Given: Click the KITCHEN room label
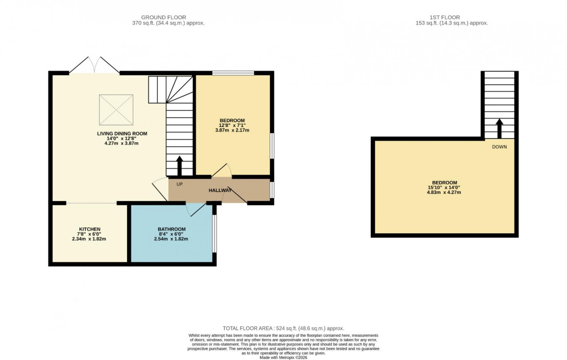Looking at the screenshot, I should [x=89, y=229].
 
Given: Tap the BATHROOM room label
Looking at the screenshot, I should [x=172, y=229].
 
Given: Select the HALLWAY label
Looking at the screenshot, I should [x=220, y=190].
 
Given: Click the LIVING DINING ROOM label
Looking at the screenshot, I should [x=122, y=134].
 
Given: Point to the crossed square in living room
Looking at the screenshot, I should [x=116, y=110].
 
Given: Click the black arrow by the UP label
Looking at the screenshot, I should [x=179, y=165].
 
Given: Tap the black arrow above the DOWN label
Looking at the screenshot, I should [x=499, y=128].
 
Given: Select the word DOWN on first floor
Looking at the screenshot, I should [x=499, y=147].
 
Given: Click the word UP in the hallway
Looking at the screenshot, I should [x=180, y=184].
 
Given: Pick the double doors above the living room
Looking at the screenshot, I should [x=94, y=65].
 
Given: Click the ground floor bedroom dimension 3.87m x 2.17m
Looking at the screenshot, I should [x=232, y=130].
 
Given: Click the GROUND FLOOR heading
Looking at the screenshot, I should [x=163, y=17].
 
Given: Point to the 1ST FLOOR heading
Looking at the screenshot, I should [x=444, y=17].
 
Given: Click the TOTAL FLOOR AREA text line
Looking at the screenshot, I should [x=283, y=328].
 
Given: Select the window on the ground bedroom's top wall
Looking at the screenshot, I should [x=233, y=73].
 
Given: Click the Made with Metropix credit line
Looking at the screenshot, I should [x=283, y=358].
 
